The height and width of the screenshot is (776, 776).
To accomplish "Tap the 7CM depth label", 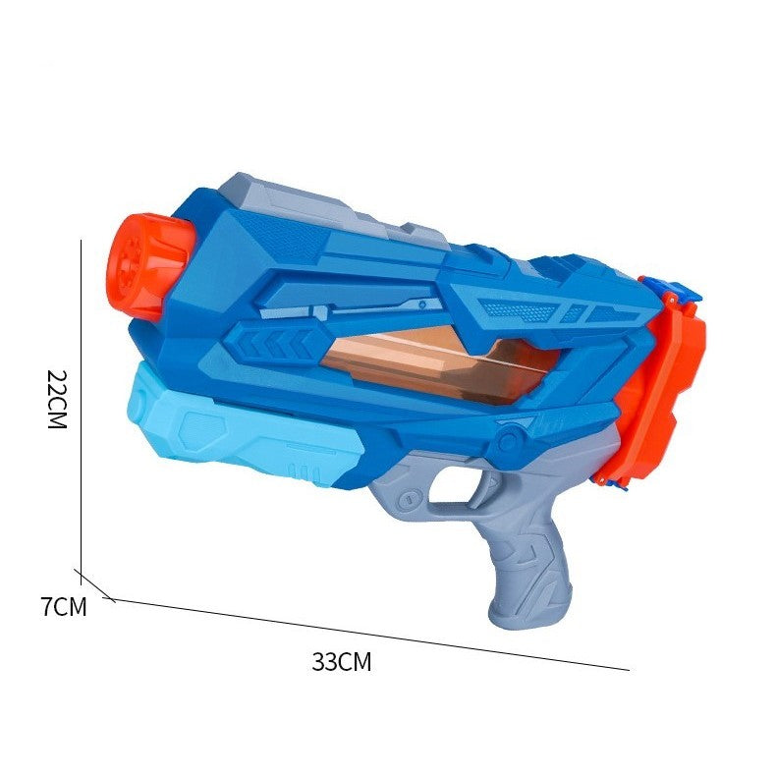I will [64, 607].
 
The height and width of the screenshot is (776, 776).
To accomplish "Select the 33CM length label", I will [342, 661].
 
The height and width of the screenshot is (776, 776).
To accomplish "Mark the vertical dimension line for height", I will [80, 403].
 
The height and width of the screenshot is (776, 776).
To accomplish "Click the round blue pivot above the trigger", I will [508, 439].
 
